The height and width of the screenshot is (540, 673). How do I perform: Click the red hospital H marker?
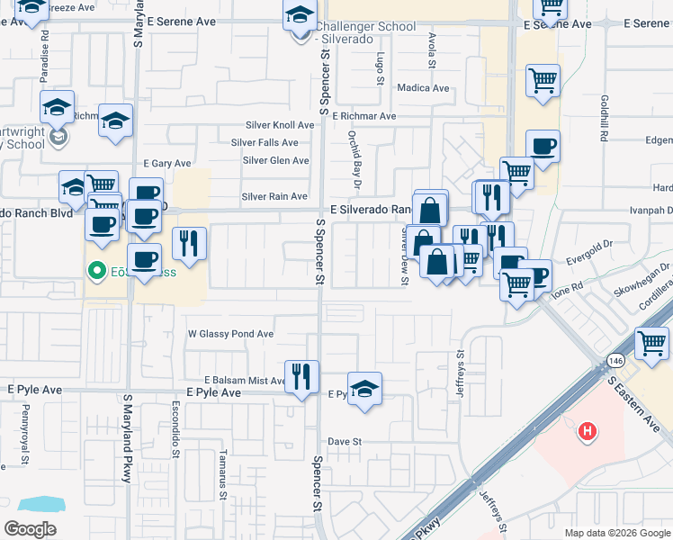pyautogui.click(x=587, y=433)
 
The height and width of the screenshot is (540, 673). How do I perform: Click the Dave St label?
pyautogui.click(x=344, y=442)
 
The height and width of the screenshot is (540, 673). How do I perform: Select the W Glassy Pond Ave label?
pyautogui.click(x=230, y=334)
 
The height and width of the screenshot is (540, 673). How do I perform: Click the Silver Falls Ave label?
pyautogui.click(x=265, y=142)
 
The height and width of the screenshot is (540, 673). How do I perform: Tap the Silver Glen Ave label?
pyautogui.click(x=275, y=161)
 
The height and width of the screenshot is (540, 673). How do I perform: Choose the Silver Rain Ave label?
pyautogui.click(x=274, y=196)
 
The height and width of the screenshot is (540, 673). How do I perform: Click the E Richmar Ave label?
pyautogui.click(x=363, y=116)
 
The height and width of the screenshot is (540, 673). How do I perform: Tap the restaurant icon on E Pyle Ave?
pyautogui.click(x=301, y=375)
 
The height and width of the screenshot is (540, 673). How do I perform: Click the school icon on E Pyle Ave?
pyautogui.click(x=364, y=389)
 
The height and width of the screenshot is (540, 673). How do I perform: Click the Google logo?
pyautogui.click(x=30, y=529)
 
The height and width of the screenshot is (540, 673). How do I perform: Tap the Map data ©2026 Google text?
pyautogui.click(x=616, y=533)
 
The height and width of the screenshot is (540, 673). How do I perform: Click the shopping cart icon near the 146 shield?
pyautogui.click(x=651, y=343)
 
